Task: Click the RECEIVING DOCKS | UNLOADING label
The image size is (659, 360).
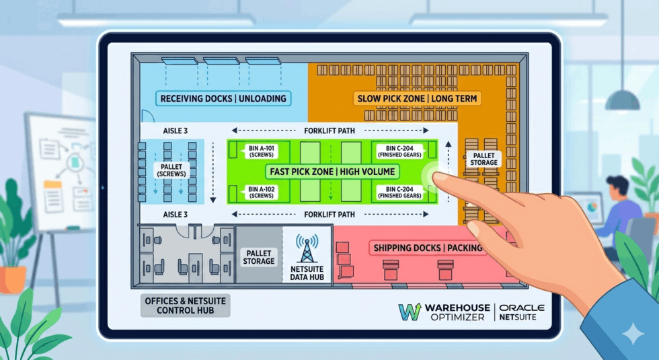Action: pyautogui.click(x=223, y=98)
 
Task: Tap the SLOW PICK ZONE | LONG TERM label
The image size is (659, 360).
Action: pyautogui.click(x=417, y=98)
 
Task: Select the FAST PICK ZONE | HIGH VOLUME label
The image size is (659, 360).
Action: pyautogui.click(x=332, y=172)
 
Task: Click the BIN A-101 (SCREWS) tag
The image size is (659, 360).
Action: pyautogui.click(x=261, y=151)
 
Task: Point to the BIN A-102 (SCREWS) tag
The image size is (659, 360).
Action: pyautogui.click(x=261, y=192)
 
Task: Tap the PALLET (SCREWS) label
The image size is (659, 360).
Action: pyautogui.click(x=171, y=170)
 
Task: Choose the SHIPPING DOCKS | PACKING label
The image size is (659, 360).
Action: pyautogui.click(x=428, y=248)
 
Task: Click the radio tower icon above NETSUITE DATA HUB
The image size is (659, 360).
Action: pyautogui.click(x=307, y=248)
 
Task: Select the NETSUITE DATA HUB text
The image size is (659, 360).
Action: pyautogui.click(x=307, y=273)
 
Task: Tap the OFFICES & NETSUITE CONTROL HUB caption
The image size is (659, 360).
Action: pyautogui.click(x=186, y=305)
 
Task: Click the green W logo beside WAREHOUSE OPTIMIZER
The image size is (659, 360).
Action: pyautogui.click(x=410, y=312)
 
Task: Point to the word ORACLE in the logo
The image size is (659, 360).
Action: pyautogui.click(x=522, y=308)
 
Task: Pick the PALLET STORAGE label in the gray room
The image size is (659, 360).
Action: pyautogui.click(x=258, y=257)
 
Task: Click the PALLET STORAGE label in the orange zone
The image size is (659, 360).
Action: pyautogui.click(x=483, y=159)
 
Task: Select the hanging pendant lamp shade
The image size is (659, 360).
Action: pyautogui.click(x=622, y=100)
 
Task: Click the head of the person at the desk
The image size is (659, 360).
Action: pyautogui.click(x=618, y=188)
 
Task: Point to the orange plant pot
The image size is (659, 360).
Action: pyautogui.click(x=12, y=280)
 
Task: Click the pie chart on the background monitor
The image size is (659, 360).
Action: pyautogui.click(x=593, y=207)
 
